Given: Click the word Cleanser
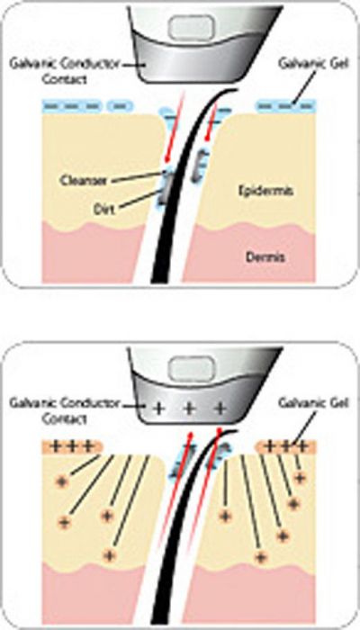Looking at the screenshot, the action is [83, 180].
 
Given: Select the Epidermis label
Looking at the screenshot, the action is [265, 191].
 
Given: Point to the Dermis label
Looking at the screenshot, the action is [265, 256].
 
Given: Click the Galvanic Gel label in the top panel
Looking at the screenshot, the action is [311, 63].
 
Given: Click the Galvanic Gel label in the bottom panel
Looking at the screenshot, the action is [311, 402].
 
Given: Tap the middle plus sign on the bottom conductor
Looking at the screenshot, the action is [190, 409].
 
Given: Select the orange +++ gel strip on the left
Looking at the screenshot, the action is [72, 446].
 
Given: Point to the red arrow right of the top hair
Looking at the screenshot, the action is [211, 121].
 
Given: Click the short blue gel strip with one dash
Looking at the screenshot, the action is [121, 106].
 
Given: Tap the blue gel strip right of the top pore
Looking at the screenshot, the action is [286, 106].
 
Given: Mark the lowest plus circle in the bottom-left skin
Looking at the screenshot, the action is [108, 556].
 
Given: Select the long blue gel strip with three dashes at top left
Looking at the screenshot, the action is [72, 106].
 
